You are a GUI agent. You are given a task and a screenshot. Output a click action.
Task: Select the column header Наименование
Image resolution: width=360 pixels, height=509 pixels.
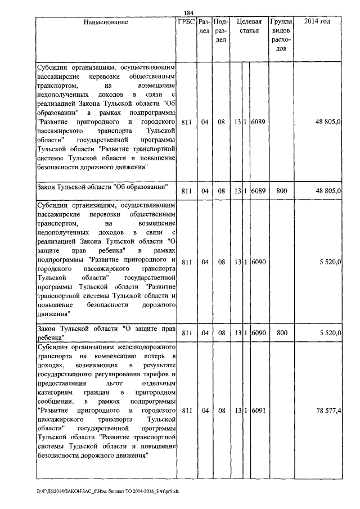[106, 22]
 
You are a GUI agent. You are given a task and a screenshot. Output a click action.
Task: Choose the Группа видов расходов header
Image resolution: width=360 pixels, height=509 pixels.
[281, 35]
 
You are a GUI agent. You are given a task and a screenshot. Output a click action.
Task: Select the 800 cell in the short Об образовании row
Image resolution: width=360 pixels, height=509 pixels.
[282, 191]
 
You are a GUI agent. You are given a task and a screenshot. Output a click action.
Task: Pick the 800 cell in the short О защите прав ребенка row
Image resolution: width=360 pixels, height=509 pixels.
[282, 334]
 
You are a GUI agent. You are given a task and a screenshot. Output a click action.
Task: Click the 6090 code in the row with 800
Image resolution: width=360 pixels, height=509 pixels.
[259, 334]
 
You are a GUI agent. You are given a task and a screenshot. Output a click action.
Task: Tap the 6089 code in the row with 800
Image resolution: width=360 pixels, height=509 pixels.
[259, 191]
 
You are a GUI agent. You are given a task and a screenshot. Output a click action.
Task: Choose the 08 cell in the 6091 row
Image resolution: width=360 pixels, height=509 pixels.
[221, 411]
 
